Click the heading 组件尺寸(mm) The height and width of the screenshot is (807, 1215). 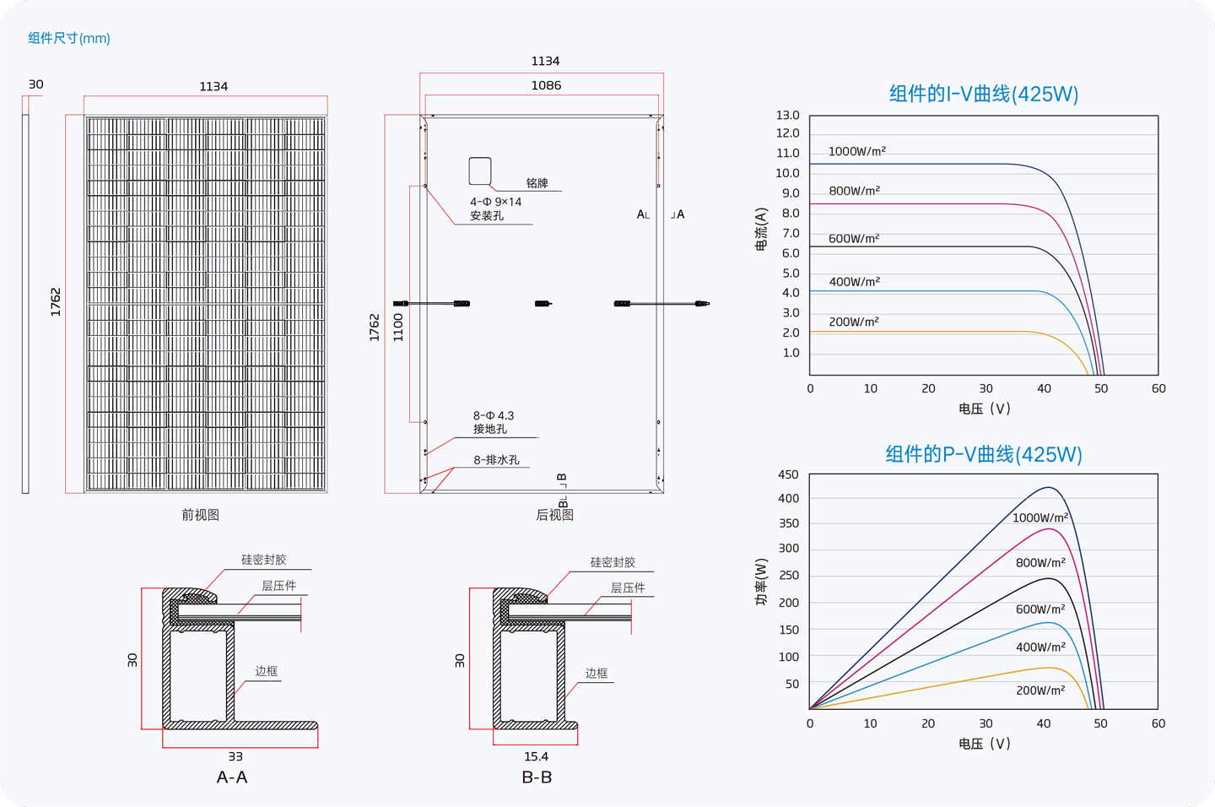(x=69, y=38)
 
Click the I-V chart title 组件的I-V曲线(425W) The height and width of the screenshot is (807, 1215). (x=984, y=94)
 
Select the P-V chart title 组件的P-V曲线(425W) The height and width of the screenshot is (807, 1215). (x=984, y=454)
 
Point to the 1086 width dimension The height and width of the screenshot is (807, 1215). (x=546, y=85)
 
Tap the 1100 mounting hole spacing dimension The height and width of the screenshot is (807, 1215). (x=398, y=328)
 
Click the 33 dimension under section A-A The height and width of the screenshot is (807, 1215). (x=235, y=756)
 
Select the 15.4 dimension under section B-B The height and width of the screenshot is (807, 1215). (x=536, y=756)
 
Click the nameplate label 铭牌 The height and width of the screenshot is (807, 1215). (x=537, y=183)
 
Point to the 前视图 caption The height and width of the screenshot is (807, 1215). (x=200, y=514)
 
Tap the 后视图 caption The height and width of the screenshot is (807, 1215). (x=555, y=514)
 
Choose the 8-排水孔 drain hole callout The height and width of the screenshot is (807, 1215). (x=496, y=460)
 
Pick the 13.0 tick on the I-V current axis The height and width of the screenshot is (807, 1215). (x=787, y=115)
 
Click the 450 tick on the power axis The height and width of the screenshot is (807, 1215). (x=788, y=474)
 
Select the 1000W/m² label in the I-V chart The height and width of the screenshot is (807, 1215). (x=857, y=151)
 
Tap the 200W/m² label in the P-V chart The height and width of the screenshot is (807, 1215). (x=1040, y=691)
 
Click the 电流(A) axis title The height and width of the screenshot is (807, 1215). (x=762, y=229)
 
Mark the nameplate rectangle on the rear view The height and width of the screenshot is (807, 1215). (x=480, y=171)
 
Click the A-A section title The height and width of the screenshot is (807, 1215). (x=231, y=777)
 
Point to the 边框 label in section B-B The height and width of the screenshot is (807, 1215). (x=596, y=673)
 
